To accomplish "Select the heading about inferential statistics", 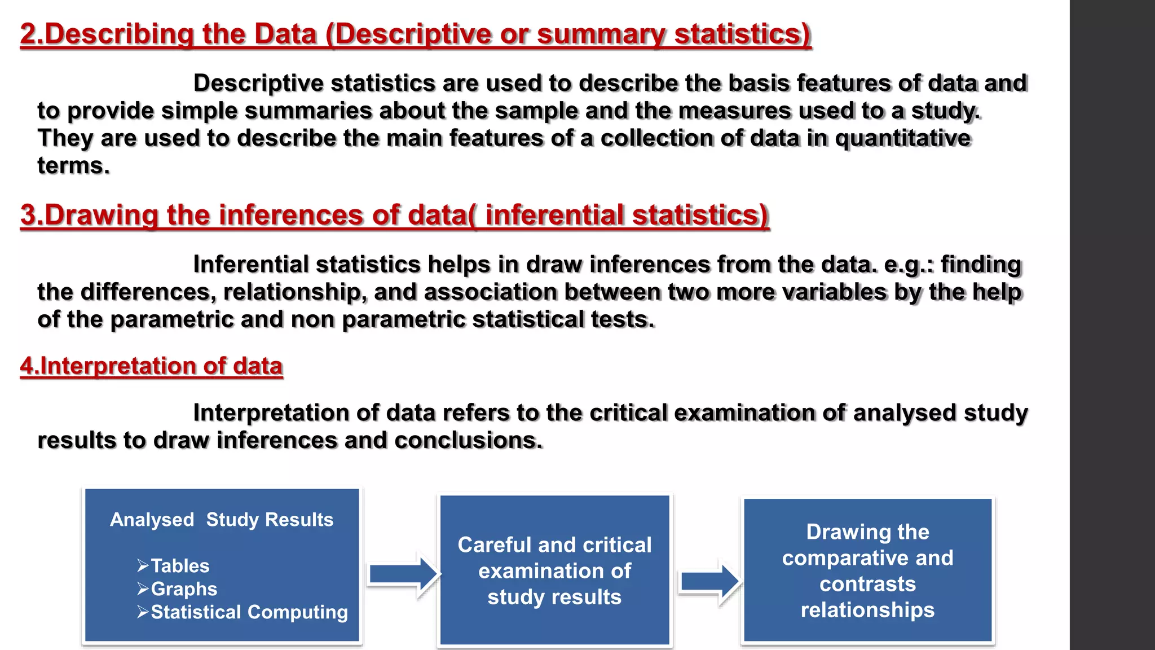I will click(x=395, y=215).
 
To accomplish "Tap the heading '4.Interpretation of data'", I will click(x=151, y=366).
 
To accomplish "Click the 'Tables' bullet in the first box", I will click(x=179, y=565).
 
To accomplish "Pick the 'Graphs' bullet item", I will click(x=183, y=588).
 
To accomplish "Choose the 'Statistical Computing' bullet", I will click(x=249, y=612).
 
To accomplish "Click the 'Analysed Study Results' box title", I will click(x=222, y=519).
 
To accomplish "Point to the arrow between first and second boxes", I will click(x=403, y=574).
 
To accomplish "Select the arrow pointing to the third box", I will click(x=709, y=581).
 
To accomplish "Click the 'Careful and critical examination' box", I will click(x=554, y=570).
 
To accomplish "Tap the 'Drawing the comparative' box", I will click(x=867, y=570).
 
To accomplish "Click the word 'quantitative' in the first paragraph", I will click(x=902, y=138).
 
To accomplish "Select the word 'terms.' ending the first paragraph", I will click(x=73, y=166).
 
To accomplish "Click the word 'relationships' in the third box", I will click(x=867, y=610).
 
